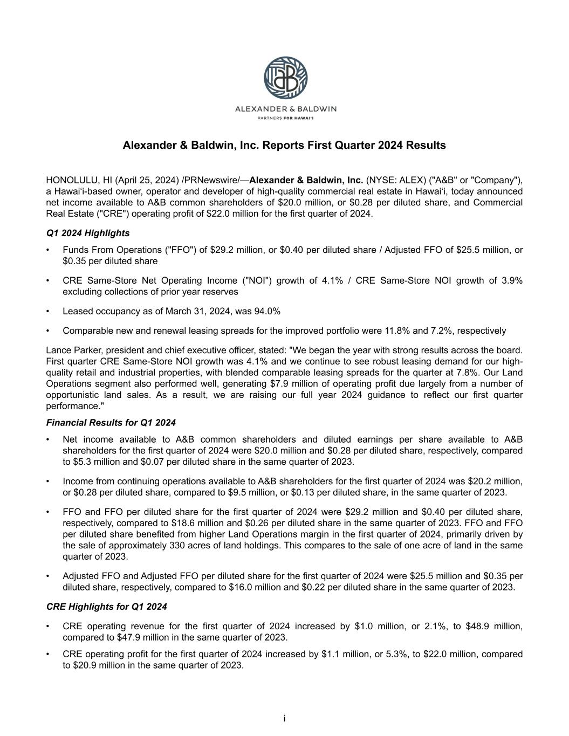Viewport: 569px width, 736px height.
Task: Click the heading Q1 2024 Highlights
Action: pyautogui.click(x=88, y=233)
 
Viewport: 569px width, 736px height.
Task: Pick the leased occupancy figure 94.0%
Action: pyautogui.click(x=266, y=311)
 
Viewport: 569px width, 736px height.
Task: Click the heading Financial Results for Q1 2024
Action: pyautogui.click(x=111, y=423)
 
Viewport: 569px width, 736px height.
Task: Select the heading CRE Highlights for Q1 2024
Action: pyautogui.click(x=107, y=607)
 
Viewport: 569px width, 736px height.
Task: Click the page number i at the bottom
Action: pyautogui.click(x=284, y=718)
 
